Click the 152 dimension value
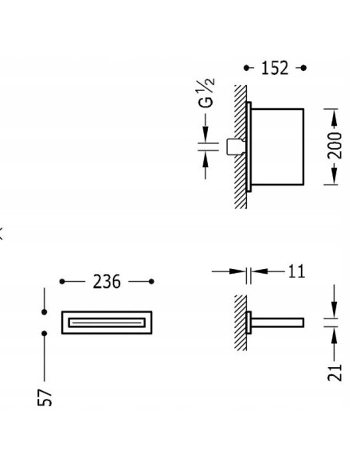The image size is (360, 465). [x=275, y=68]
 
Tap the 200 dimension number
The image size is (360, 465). [x=335, y=146]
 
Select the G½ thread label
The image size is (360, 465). [x=206, y=92]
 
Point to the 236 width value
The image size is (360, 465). [x=107, y=281]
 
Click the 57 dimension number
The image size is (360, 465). [x=45, y=397]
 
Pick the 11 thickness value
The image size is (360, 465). [x=296, y=272]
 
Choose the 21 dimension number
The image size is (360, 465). [x=335, y=372]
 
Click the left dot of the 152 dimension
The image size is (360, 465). [x=247, y=68]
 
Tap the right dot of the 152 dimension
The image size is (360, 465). [x=303, y=68]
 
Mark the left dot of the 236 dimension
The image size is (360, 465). [x=62, y=281]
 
